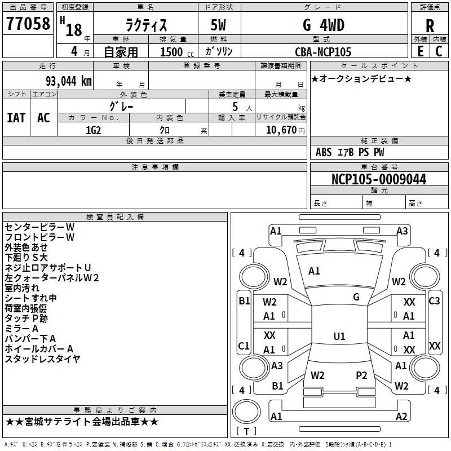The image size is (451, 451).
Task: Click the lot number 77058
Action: coord(28,24)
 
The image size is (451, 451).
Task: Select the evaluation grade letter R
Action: coord(430,26)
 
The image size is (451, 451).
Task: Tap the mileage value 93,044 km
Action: coord(68,81)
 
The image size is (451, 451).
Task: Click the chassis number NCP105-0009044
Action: coord(379,179)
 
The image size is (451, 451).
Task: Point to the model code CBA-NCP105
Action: coord(323,52)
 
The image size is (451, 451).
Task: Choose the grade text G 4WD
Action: coord(324,25)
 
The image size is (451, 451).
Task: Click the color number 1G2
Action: coord(93,130)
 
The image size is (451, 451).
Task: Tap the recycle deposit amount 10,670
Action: coord(281,130)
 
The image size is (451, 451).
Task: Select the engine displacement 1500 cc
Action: coord(176,52)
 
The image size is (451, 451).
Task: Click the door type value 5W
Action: coord(218,25)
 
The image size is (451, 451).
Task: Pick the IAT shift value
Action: coord(16,118)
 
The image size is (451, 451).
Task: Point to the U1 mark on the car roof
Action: coord(339,336)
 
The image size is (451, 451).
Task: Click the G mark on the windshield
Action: coord(356,297)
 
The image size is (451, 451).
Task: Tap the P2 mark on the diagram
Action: coord(361,375)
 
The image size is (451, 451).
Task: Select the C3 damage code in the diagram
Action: coord(434,301)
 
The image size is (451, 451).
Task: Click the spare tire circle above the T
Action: coord(246,412)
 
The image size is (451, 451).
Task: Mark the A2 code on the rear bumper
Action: coord(401,416)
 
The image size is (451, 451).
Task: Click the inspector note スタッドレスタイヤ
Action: coord(42,359)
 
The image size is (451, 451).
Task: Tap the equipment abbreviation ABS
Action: coord(324,152)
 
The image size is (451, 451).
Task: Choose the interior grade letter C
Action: coord(439,51)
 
